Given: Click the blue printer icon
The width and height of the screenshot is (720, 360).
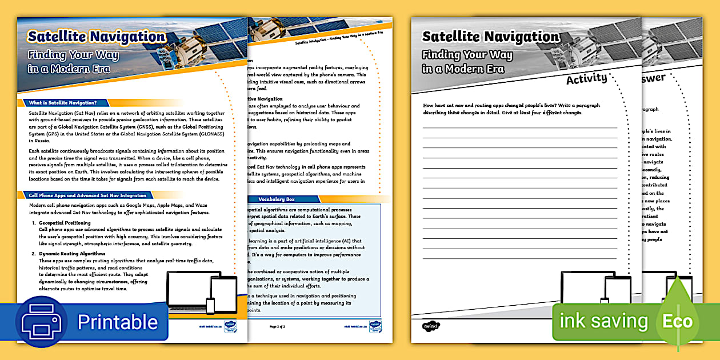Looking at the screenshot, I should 44,322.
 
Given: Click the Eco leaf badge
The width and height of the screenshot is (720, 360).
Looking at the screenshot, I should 677,320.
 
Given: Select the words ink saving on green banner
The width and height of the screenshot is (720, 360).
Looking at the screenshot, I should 603,321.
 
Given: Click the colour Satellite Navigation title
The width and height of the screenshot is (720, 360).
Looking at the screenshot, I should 97,37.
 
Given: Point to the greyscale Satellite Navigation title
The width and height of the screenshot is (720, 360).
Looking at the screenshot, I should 490,37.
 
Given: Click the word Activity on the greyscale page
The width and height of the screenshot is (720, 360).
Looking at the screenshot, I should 586,79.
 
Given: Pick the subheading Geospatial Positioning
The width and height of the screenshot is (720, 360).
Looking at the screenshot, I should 65,223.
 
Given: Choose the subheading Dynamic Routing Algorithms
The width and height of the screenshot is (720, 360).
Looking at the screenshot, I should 72,254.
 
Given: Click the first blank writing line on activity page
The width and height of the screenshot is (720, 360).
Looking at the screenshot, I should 519,127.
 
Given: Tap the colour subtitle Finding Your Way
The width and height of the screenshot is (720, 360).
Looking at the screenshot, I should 73,55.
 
